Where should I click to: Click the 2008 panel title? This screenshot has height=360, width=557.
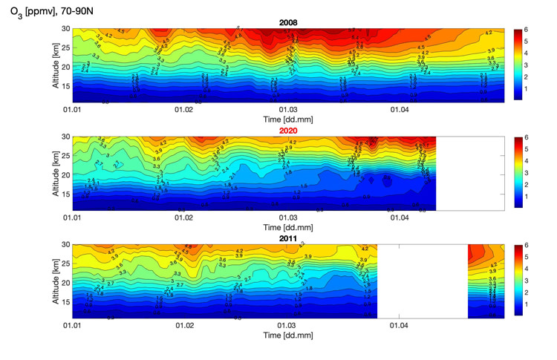288,22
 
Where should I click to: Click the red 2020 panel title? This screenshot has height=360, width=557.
288,131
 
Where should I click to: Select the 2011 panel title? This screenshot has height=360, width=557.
288,238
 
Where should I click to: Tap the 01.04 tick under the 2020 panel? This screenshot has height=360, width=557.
400,217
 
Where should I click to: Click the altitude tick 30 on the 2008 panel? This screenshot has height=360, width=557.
65,29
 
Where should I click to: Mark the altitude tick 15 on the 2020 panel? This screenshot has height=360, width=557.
65,194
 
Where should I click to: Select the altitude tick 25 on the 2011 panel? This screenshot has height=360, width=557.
65,264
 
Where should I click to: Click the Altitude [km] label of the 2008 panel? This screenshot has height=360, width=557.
54,64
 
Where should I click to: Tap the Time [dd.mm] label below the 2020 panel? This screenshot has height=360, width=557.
288,227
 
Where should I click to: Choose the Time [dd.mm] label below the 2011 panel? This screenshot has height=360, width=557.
288,336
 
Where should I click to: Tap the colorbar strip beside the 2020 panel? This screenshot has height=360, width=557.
518,172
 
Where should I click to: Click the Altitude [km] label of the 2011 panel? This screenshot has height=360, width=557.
54,281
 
